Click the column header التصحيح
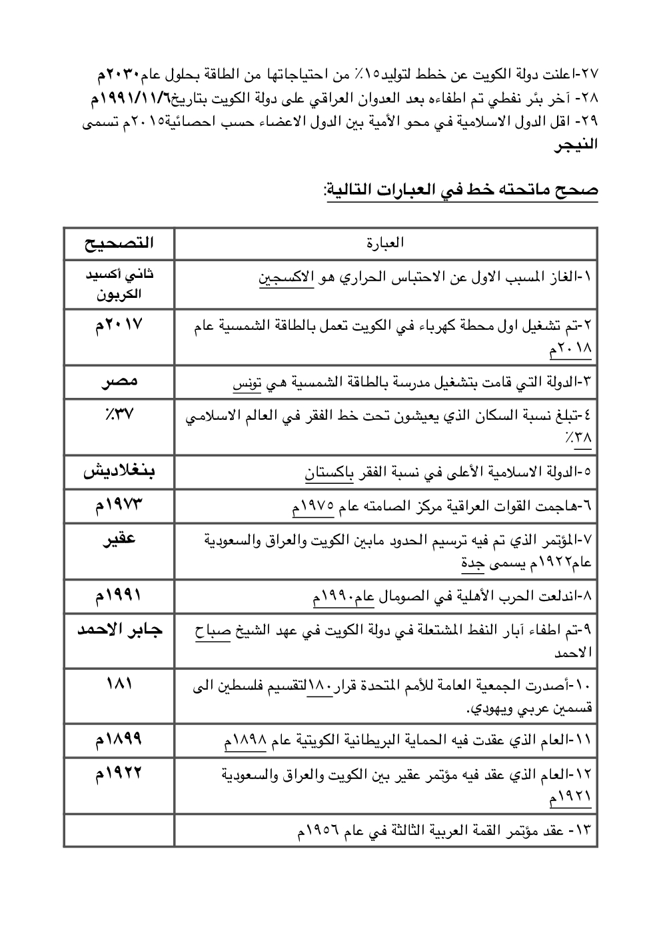coord(119,243)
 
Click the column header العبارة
coord(385,243)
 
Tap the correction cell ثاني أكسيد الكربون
coord(119,284)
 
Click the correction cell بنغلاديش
coord(119,472)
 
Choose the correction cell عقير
coord(119,538)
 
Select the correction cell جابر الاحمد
coord(119,630)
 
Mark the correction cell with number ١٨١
coord(119,684)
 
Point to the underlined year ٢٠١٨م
coord(570,349)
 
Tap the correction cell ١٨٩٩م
coord(119,739)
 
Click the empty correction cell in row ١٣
coord(119,831)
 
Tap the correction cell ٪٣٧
coord(119,414)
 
